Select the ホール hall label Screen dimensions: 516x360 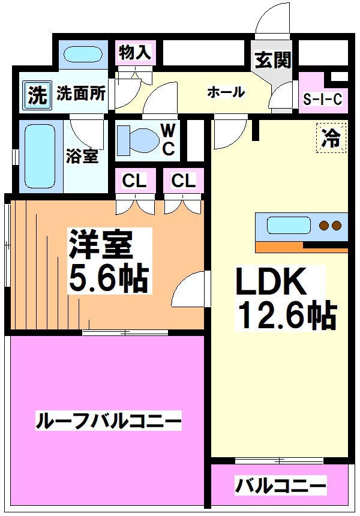[x=226, y=92]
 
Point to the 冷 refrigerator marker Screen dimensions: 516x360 [x=331, y=139]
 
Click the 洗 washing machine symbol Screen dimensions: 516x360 [x=37, y=95]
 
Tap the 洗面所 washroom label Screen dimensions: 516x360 [x=82, y=94]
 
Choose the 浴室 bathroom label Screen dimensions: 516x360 [x=82, y=156]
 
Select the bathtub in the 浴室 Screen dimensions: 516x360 [x=38, y=155]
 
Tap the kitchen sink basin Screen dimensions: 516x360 [x=286, y=226]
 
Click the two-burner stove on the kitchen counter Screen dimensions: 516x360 [x=331, y=226]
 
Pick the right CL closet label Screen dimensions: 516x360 [x=183, y=181]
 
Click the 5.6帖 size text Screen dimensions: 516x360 [x=108, y=278]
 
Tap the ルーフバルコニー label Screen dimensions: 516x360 [x=108, y=421]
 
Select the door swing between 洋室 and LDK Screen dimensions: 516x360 [x=192, y=291]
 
